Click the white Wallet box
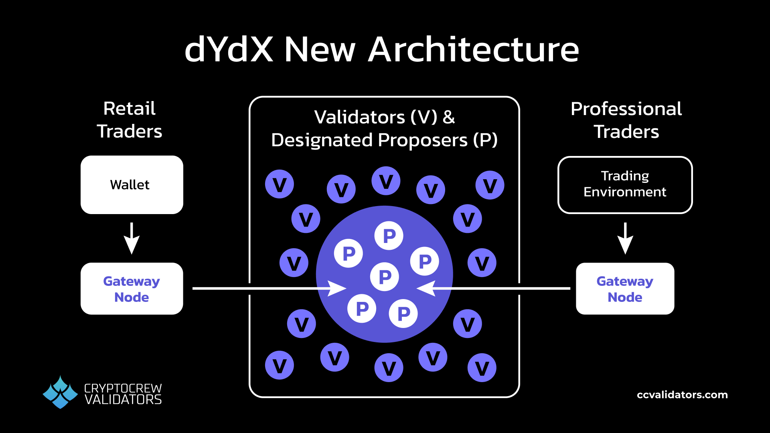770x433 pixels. pyautogui.click(x=132, y=185)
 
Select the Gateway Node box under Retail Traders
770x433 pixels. pyautogui.click(x=132, y=289)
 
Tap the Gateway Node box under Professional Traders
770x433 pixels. pyautogui.click(x=625, y=289)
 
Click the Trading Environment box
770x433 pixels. pyautogui.click(x=625, y=185)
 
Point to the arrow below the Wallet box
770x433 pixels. pyautogui.click(x=132, y=239)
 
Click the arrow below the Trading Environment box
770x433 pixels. pyautogui.click(x=625, y=239)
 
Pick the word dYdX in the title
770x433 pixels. pyautogui.click(x=229, y=50)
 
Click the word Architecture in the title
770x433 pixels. pyautogui.click(x=473, y=50)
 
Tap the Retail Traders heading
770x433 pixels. pyautogui.click(x=130, y=119)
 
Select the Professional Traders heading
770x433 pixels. pyautogui.click(x=626, y=120)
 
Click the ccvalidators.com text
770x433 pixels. pyautogui.click(x=682, y=395)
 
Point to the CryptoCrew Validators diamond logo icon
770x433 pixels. pyautogui.click(x=60, y=392)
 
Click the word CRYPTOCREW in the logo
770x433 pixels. pyautogui.click(x=123, y=388)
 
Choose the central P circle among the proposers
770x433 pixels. pyautogui.click(x=385, y=277)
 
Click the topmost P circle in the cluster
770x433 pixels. pyautogui.click(x=389, y=236)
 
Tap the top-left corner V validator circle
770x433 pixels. pyautogui.click(x=280, y=184)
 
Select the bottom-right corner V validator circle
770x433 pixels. pyautogui.click(x=482, y=368)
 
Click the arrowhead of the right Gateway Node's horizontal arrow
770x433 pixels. pyautogui.click(x=426, y=288)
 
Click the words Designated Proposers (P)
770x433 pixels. pyautogui.click(x=384, y=140)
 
